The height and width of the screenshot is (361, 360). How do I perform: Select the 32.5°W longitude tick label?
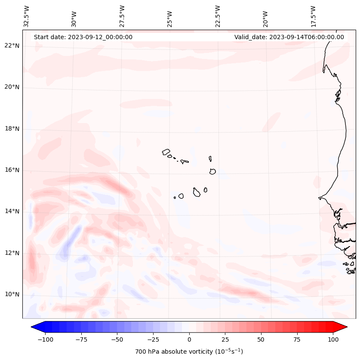(x=27, y=16)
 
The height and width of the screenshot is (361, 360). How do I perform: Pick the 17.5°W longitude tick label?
(x=313, y=16)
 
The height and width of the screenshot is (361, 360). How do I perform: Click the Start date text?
(x=83, y=37)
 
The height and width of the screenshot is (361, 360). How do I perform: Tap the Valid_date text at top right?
(x=289, y=37)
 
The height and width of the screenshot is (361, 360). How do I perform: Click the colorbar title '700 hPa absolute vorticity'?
(x=189, y=352)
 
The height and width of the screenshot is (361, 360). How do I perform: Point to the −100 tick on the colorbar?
(x=45, y=339)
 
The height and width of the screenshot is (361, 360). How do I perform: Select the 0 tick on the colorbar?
(x=189, y=339)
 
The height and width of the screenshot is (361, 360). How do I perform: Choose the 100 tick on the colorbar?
(x=333, y=339)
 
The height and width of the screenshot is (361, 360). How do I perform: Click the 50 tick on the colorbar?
(x=261, y=339)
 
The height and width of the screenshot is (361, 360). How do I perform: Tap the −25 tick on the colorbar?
(x=153, y=339)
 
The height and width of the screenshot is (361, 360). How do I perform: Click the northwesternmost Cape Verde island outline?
(x=166, y=152)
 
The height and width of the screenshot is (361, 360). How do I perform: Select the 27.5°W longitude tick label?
(x=122, y=16)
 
